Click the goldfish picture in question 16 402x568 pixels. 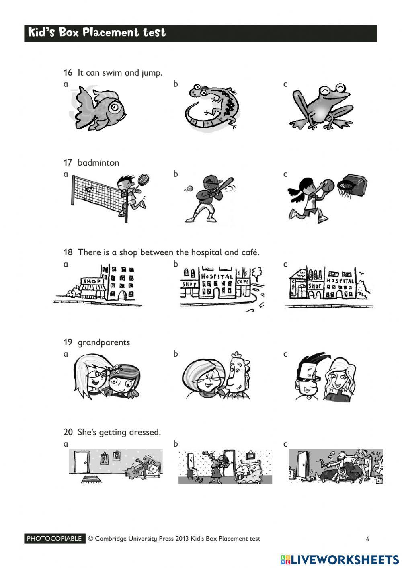click(100, 108)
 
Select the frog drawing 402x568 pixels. click(322, 107)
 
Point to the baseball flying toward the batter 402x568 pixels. click(189, 188)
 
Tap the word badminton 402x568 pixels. click(98, 162)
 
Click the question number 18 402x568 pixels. click(68, 252)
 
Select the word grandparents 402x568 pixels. click(104, 342)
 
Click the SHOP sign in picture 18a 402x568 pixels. click(92, 281)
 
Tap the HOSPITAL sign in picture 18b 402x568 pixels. click(217, 277)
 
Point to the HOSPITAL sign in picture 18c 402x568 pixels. click(340, 281)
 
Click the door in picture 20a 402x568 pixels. click(82, 461)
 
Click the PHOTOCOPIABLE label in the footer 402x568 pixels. click(55, 539)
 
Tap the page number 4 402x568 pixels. click(367, 539)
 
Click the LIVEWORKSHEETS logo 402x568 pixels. click(340, 560)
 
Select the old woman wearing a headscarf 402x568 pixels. click(203, 378)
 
